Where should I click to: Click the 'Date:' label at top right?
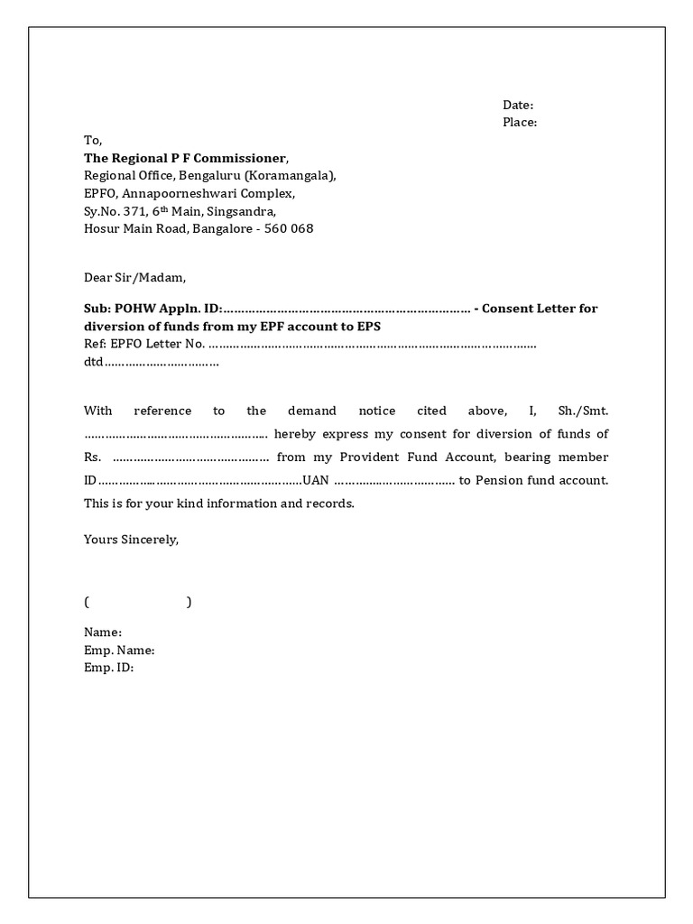[x=518, y=106]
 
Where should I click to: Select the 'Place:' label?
[x=520, y=123]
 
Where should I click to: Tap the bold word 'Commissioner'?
[x=246, y=158]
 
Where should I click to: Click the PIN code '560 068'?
[x=291, y=228]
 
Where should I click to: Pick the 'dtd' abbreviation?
[x=94, y=362]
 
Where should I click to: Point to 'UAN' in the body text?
[x=317, y=480]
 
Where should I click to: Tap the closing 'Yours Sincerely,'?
[x=132, y=540]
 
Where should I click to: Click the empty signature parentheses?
[x=137, y=602]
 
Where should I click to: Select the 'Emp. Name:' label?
[x=119, y=650]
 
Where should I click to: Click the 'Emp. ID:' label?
[x=108, y=668]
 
